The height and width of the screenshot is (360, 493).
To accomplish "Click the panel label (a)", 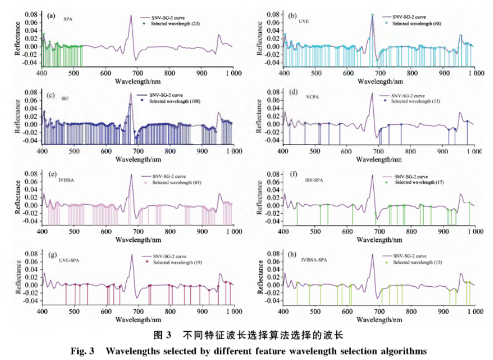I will [51, 15].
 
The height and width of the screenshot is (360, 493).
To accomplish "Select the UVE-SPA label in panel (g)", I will [69, 259].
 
